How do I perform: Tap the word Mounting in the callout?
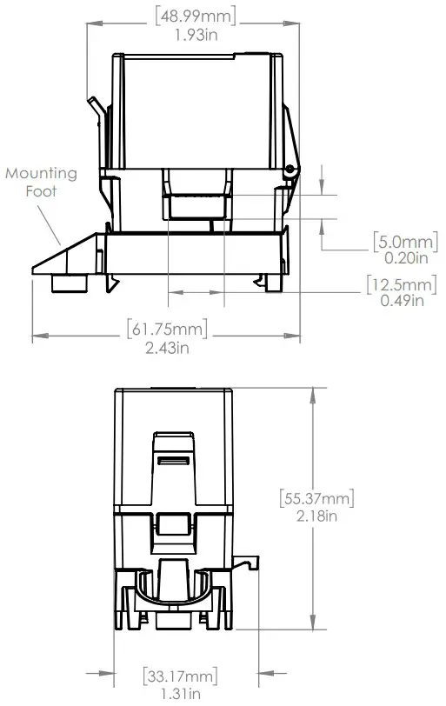(41, 173)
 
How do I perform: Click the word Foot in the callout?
(42, 190)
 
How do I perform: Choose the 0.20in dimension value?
(404, 257)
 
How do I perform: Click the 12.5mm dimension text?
(402, 284)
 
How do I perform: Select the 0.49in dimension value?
(403, 301)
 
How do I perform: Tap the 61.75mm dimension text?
(169, 330)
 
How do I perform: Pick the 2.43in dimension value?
(169, 348)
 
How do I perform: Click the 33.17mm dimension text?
(181, 674)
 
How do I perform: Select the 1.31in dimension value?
(181, 692)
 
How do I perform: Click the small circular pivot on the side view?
(290, 168)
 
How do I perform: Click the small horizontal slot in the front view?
(173, 458)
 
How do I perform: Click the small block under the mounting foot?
(68, 283)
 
